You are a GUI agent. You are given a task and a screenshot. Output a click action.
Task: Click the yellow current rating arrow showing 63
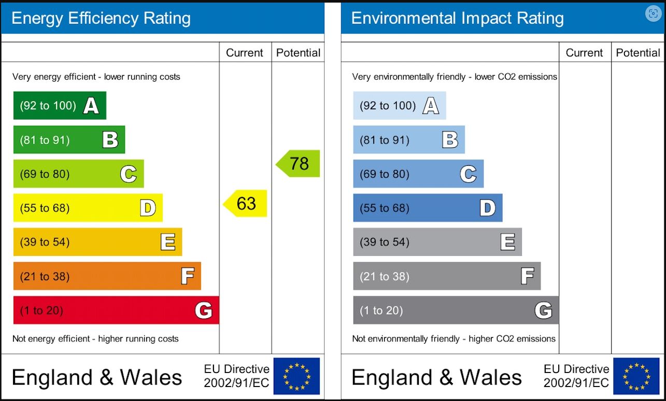pyautogui.click(x=245, y=204)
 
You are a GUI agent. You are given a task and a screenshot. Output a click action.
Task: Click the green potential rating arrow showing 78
pyautogui.click(x=298, y=164)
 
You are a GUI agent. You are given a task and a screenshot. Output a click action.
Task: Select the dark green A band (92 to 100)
pyautogui.click(x=60, y=106)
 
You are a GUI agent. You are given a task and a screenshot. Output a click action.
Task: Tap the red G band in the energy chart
pyautogui.click(x=116, y=310)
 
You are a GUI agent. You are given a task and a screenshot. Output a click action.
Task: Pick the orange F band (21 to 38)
pyautogui.click(x=107, y=276)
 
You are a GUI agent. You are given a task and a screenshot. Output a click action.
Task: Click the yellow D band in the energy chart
pyautogui.click(x=88, y=208)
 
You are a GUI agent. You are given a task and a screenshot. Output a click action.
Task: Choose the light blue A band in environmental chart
pyautogui.click(x=399, y=106)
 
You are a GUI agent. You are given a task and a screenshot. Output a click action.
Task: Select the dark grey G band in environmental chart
pyautogui.click(x=456, y=310)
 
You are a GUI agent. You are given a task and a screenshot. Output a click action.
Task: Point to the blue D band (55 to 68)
pyautogui.click(x=428, y=208)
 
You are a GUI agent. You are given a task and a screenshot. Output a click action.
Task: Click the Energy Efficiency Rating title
pyautogui.click(x=101, y=19)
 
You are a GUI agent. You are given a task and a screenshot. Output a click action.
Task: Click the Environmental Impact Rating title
pyautogui.click(x=457, y=19)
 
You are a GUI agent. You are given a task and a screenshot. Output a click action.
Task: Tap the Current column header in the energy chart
pyautogui.click(x=245, y=53)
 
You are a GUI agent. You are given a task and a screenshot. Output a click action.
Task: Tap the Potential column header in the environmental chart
pyautogui.click(x=638, y=53)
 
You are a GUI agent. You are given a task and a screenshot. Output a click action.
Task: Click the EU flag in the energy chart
pyautogui.click(x=296, y=376)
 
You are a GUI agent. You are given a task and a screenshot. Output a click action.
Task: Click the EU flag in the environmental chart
pyautogui.click(x=636, y=376)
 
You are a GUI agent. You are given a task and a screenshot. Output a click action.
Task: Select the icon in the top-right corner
pyautogui.click(x=653, y=14)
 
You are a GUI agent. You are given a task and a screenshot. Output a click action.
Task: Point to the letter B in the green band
pyautogui.click(x=110, y=140)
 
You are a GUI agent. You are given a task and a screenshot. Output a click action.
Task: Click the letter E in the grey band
pyautogui.click(x=507, y=242)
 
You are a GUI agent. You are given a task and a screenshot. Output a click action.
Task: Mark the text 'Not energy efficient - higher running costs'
pyautogui.click(x=95, y=339)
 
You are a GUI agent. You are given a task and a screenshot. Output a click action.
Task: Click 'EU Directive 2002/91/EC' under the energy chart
pyautogui.click(x=236, y=376)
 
